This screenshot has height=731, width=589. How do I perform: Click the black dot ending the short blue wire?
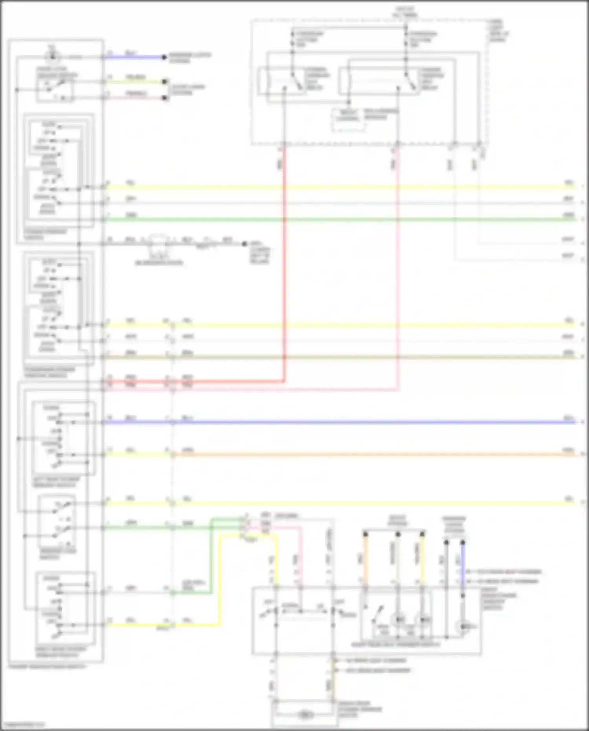coord(165,57)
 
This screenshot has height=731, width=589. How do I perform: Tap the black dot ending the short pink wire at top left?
coord(165,98)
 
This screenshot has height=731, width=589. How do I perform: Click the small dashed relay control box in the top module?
coord(348,119)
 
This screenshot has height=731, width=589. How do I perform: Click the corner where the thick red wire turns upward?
coord(284,381)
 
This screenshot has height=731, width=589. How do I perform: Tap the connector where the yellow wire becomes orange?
coord(172,455)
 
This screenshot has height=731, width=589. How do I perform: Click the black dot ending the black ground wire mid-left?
coord(244,244)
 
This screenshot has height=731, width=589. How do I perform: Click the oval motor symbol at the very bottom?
coord(305,715)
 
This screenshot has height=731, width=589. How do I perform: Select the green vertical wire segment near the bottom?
coord(211,558)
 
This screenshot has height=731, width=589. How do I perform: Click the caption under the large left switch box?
coord(47,667)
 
